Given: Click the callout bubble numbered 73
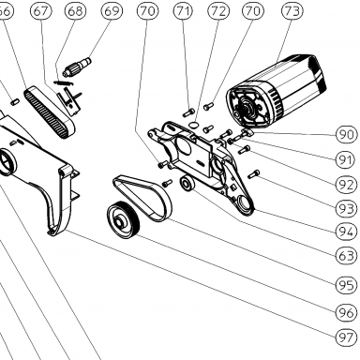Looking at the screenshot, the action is pos(292,11).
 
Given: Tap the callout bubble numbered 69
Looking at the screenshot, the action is pos(112,11).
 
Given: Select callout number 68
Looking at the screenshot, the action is pos(75,11).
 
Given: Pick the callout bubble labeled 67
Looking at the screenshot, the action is pos(41,11).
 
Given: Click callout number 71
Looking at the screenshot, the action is pos(184,11).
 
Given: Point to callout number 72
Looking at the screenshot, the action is pos(218,11).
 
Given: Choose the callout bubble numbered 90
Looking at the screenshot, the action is pos(346,135).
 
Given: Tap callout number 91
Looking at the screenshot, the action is pos(346,159).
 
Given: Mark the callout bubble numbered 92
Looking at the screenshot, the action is pos(346,185).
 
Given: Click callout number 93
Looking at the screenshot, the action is pos(346,208).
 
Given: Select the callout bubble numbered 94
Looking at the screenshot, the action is pos(346,232).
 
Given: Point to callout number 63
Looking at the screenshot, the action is pos(346,256).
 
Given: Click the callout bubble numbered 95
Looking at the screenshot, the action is pos(346,285).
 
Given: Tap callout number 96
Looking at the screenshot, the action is pos(346,312).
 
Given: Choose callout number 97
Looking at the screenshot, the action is pos(346,337).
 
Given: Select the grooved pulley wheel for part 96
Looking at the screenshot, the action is pos(123,220).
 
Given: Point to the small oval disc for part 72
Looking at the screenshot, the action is pos(194,125).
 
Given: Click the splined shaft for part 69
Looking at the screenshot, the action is pos(77,67).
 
